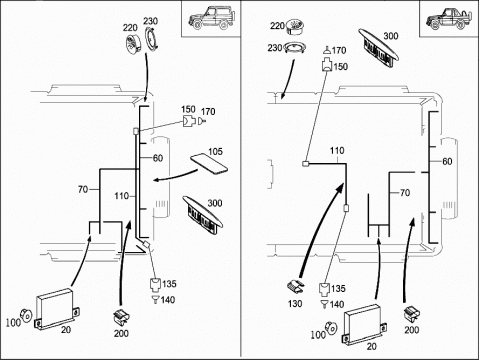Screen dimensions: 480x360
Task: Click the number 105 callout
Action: pyautogui.click(x=215, y=152)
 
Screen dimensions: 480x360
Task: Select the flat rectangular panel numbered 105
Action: pyautogui.click(x=209, y=164)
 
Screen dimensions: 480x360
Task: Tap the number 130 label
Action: pyautogui.click(x=295, y=304)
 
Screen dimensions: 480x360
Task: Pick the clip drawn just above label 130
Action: pyautogui.click(x=296, y=287)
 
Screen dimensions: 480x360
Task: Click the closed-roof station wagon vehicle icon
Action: pyautogui.click(x=212, y=17)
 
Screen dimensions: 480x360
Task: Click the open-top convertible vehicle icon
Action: pyautogui.click(x=449, y=18)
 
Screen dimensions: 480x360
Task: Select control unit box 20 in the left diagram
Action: pyautogui.click(x=58, y=309)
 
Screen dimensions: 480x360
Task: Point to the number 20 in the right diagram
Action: pyautogui.click(x=371, y=346)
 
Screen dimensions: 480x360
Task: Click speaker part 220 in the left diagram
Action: pyautogui.click(x=134, y=43)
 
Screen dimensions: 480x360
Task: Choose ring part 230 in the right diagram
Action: pyautogui.click(x=295, y=48)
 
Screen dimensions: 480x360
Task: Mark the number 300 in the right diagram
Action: pyautogui.click(x=391, y=36)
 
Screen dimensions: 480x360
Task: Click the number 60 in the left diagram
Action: pyautogui.click(x=158, y=158)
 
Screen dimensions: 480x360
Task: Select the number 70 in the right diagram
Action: pyautogui.click(x=404, y=193)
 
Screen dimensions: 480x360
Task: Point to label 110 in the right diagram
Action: pyautogui.click(x=337, y=151)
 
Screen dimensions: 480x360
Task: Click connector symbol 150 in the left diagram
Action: pyautogui.click(x=189, y=122)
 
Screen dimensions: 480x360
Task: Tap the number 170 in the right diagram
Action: pyautogui.click(x=339, y=50)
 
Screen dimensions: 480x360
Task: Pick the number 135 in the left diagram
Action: pyautogui.click(x=169, y=284)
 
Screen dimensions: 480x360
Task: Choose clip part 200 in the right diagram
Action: pyautogui.click(x=412, y=315)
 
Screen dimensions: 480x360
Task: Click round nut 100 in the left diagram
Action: pyautogui.click(x=26, y=315)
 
